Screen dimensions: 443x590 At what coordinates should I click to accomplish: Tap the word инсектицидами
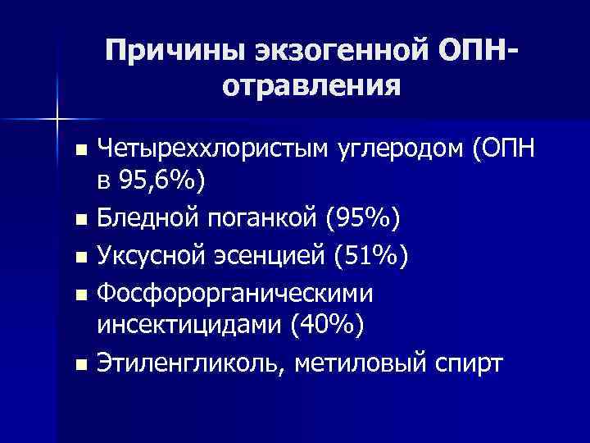(188, 326)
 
